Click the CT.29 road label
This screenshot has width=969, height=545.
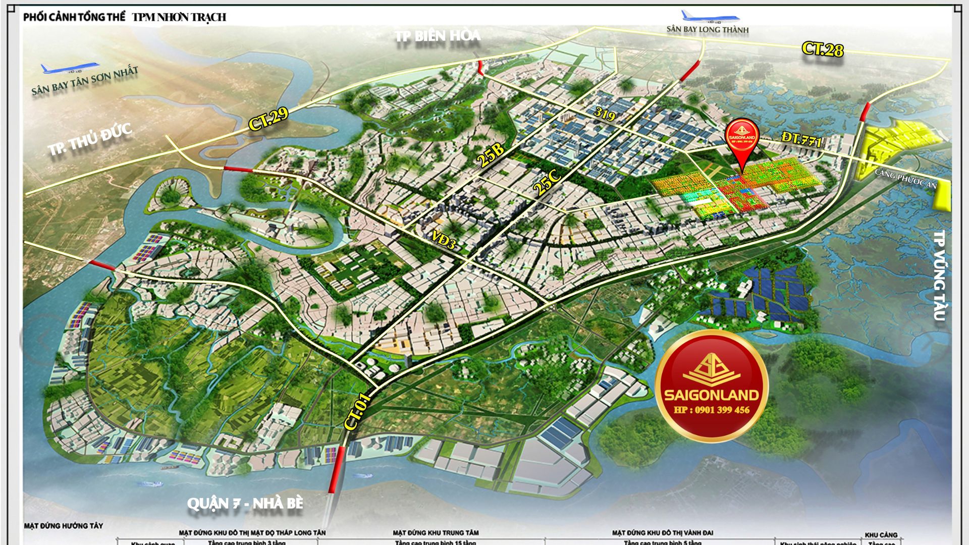pos(268,119)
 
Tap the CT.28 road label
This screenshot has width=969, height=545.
pos(823,49)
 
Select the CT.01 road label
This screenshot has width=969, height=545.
pos(358,412)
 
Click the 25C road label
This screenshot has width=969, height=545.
pos(547,182)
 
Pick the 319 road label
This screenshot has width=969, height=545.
pos(605,115)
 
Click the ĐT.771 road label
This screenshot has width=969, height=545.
pos(801,139)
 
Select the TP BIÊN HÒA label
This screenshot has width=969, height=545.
pos(438,36)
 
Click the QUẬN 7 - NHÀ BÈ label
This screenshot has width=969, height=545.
pos(245,504)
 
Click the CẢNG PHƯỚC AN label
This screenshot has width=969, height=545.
pos(905,179)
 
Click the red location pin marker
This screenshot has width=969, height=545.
pos(742,144)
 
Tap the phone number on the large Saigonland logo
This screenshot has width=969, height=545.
pos(712,410)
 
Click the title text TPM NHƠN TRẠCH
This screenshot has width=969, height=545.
pos(179,17)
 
